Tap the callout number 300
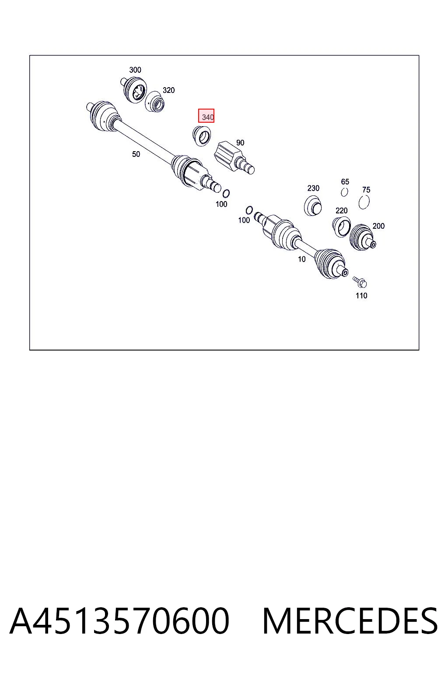click(x=135, y=70)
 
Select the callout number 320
click(x=168, y=90)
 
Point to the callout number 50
click(x=136, y=154)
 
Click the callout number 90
click(x=240, y=143)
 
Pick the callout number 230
click(x=313, y=188)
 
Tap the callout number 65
click(x=345, y=182)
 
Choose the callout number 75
click(x=366, y=190)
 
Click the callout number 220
click(x=342, y=211)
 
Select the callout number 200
click(x=378, y=226)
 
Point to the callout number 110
click(x=361, y=296)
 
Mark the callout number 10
click(x=301, y=259)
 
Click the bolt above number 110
click(x=360, y=282)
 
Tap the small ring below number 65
click(x=344, y=192)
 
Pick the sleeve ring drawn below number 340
click(x=201, y=136)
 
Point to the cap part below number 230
click(x=313, y=206)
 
